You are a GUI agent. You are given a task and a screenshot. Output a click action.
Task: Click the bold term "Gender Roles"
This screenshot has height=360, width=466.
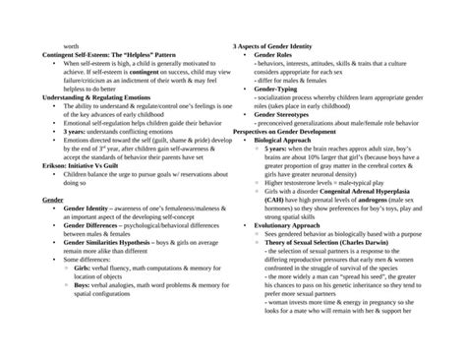coord(273,55)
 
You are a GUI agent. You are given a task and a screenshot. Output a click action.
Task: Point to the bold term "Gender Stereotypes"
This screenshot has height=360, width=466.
coord(281,114)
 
